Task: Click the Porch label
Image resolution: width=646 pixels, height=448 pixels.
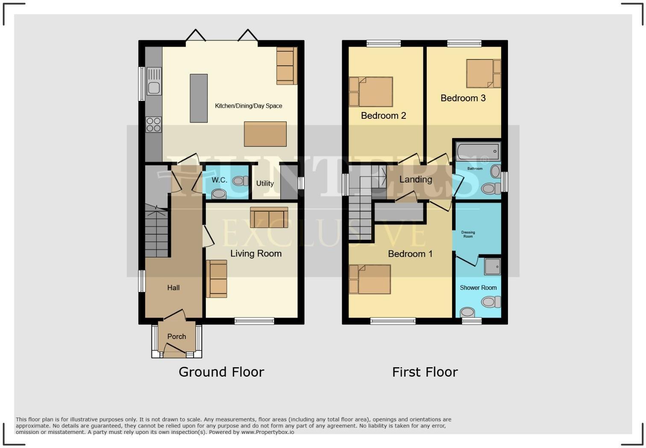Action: (176, 336)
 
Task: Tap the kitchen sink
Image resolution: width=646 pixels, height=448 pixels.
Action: (153, 82)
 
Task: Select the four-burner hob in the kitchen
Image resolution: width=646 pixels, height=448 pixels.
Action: (153, 124)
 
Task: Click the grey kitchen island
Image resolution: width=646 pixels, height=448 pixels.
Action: (199, 98)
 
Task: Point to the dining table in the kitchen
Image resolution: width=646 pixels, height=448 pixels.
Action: (265, 134)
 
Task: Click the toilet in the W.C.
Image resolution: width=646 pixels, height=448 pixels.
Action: (240, 181)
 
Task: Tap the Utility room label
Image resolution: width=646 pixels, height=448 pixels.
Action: (265, 183)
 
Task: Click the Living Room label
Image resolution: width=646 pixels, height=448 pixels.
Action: (256, 253)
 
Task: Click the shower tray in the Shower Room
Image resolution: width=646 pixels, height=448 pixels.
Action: (492, 266)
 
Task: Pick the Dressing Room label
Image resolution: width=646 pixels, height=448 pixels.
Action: (468, 234)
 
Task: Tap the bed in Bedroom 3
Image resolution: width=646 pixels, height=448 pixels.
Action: (483, 74)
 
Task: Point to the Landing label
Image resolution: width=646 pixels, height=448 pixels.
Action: (415, 180)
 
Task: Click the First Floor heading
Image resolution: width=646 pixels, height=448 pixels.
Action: (425, 372)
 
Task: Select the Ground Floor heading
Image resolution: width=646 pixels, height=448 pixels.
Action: (221, 372)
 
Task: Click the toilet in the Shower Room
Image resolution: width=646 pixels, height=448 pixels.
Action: (491, 302)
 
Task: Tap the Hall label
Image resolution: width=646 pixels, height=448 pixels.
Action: (173, 288)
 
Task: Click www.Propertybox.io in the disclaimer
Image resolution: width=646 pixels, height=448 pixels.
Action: (267, 432)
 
